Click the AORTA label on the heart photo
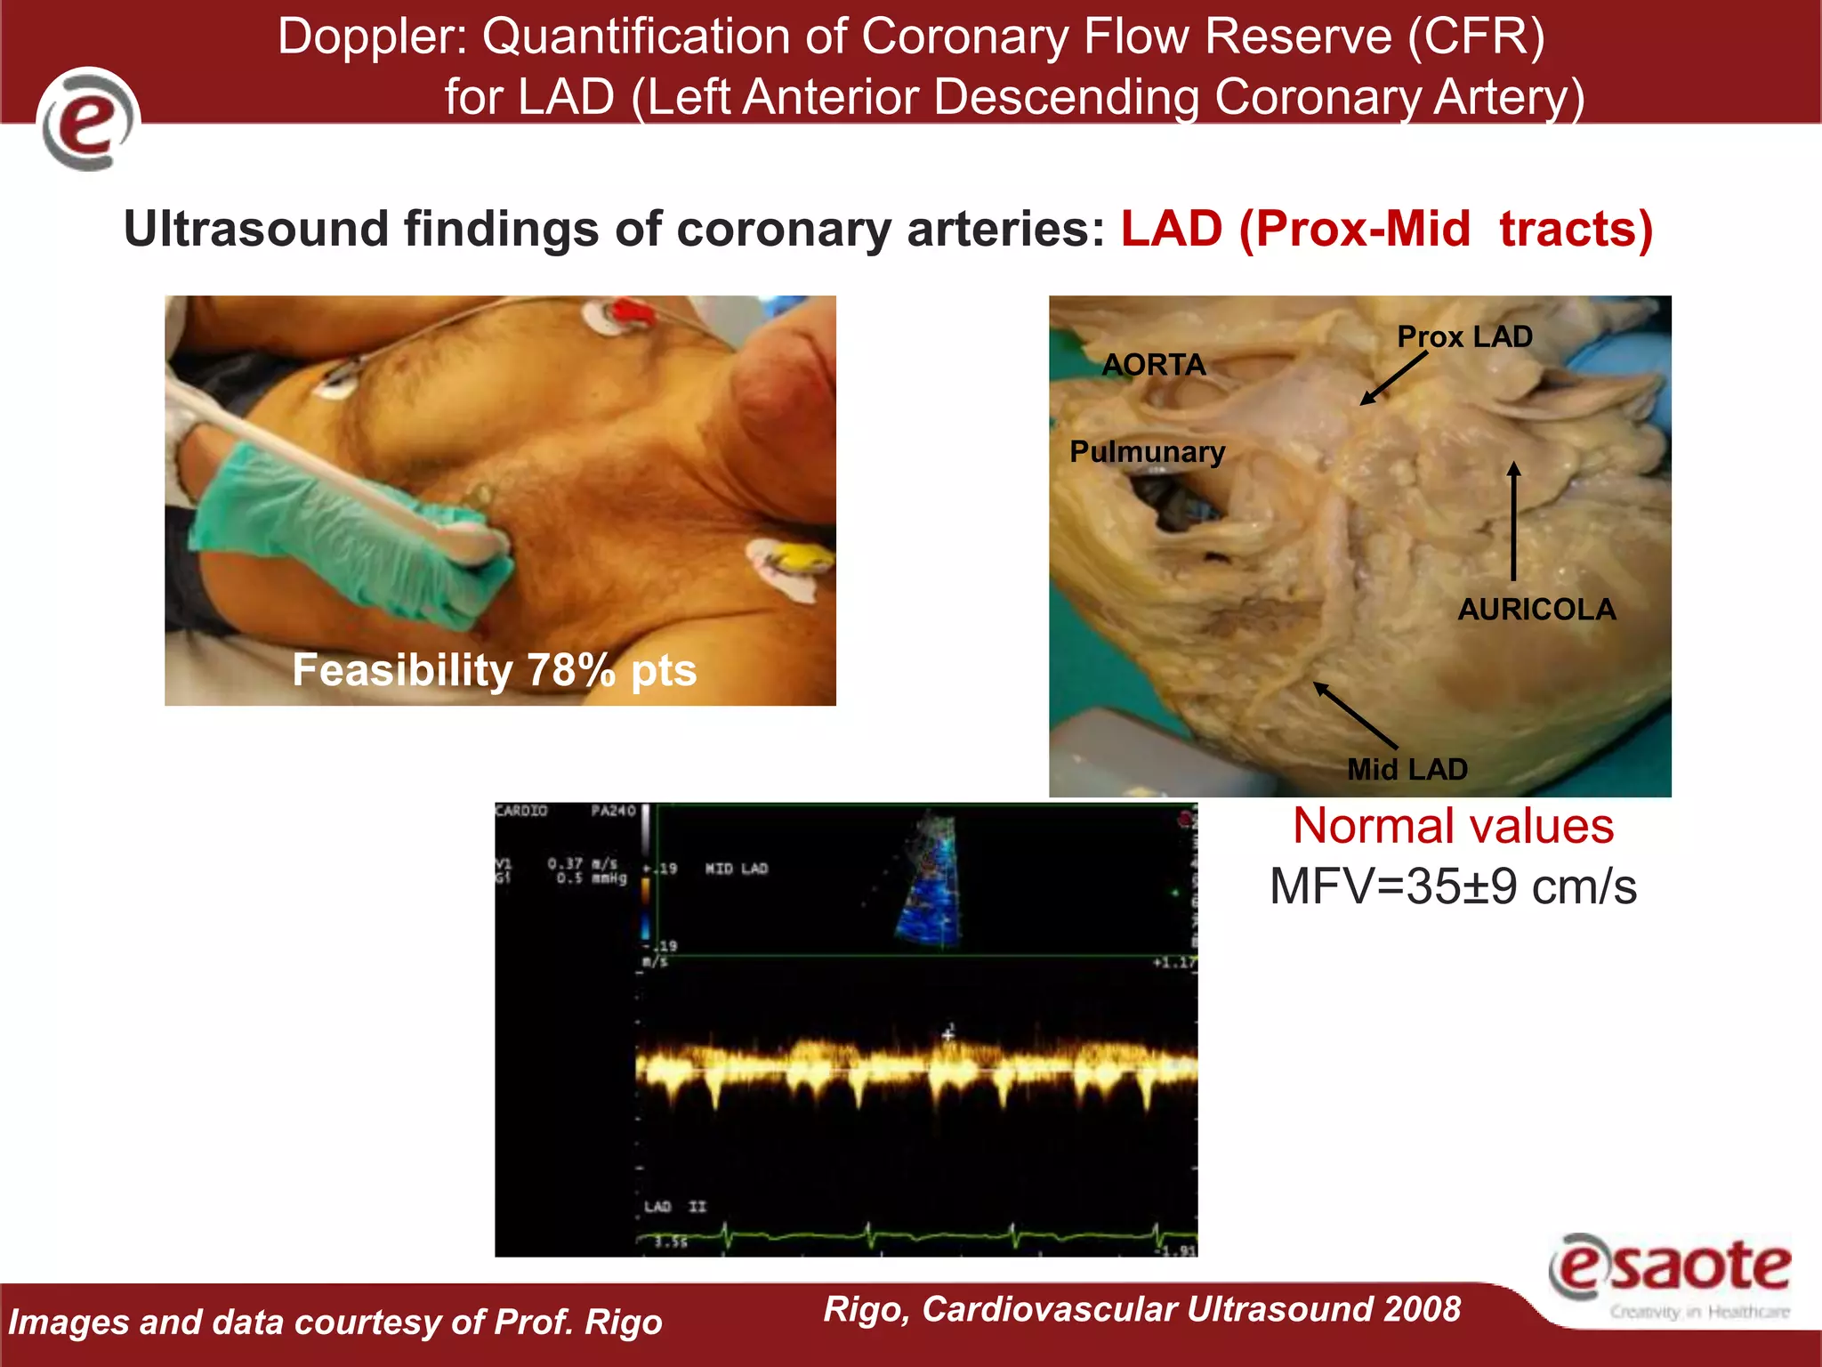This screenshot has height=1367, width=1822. pos(1153,365)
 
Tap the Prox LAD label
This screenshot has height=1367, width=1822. pos(1464,336)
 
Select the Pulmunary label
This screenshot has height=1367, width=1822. pos(1147,452)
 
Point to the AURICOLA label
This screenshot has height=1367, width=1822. pos(1536,610)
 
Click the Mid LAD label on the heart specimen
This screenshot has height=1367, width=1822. pos(1407,769)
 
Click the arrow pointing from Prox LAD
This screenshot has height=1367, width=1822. pos(1393,378)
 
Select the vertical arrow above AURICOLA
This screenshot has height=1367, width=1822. pos(1513,521)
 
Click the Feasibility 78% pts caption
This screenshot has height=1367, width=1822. pos(495,670)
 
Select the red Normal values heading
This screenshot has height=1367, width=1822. pos(1453,826)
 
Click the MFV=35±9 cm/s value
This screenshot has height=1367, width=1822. pos(1453,887)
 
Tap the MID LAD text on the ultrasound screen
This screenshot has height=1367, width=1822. pos(736,869)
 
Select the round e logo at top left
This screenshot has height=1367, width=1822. pos(88,119)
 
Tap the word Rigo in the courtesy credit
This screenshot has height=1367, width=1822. pos(623,1323)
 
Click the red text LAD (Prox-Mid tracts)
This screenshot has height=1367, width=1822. pos(1386,230)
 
